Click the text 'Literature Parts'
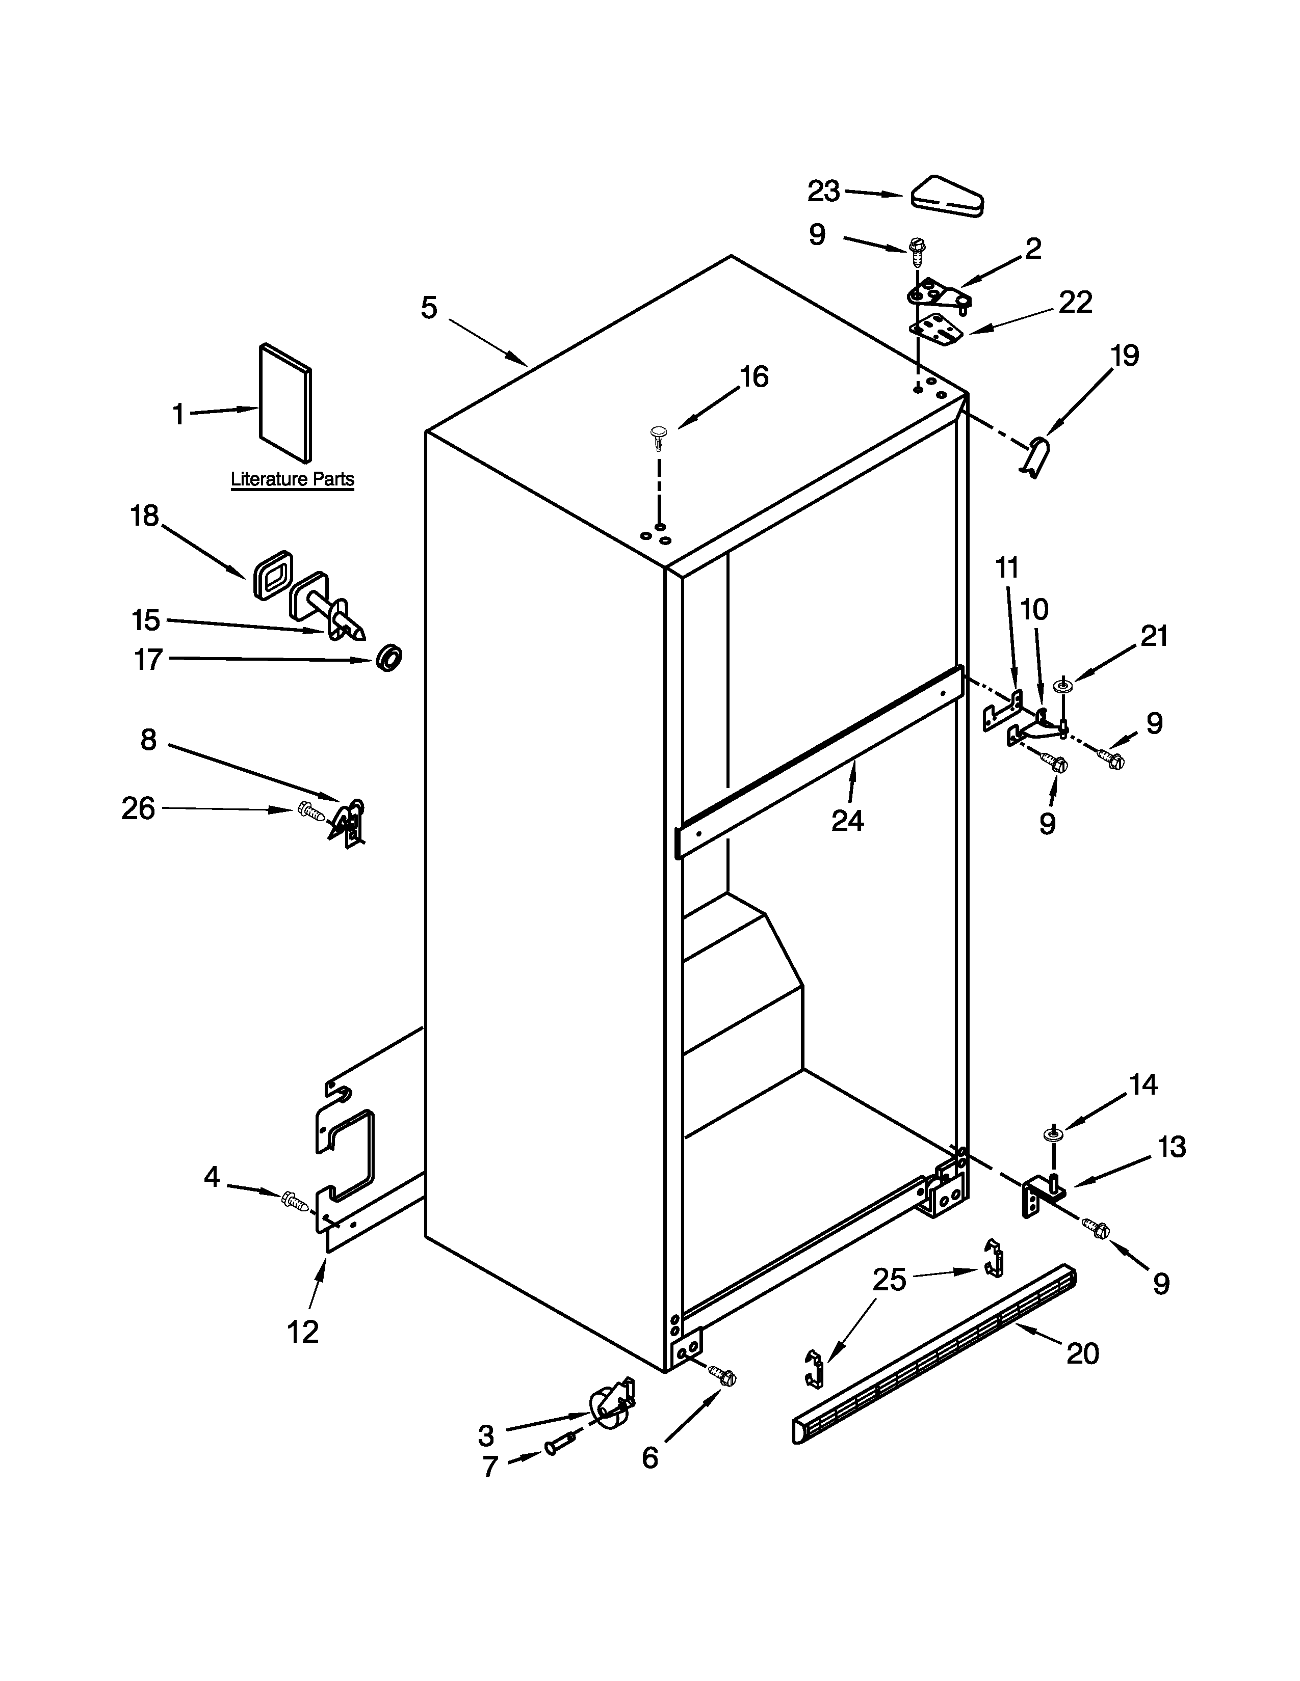point(292,479)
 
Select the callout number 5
point(429,308)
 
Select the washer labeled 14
point(1053,1133)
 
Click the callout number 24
point(847,821)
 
